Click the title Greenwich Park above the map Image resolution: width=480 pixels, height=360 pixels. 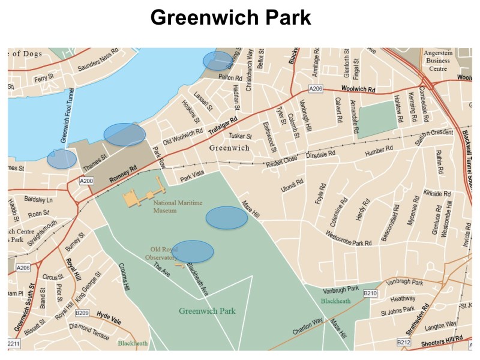tap(231, 17)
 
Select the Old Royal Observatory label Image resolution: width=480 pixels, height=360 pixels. tap(164, 253)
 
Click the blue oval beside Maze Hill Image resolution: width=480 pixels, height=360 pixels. tap(227, 218)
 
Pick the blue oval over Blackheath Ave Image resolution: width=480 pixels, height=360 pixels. tap(193, 251)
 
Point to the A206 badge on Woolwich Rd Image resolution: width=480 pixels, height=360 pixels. tap(316, 89)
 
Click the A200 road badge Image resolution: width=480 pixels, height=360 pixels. tap(87, 180)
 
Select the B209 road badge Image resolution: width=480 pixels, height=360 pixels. tap(82, 313)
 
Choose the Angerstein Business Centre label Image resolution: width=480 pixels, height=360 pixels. tap(436, 61)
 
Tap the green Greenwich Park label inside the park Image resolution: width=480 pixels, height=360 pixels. tap(207, 311)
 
